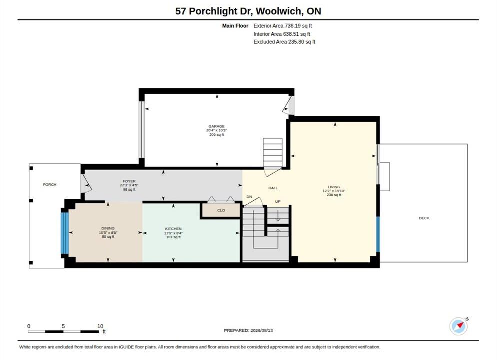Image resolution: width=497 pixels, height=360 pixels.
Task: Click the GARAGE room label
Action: coord(216,126)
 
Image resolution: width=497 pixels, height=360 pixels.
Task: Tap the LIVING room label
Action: coord(334,187)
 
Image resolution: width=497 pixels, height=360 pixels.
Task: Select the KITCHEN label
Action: coord(173,229)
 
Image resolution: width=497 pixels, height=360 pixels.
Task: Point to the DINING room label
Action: coord(108,228)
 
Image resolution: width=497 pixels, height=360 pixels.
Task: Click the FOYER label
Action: coord(129,181)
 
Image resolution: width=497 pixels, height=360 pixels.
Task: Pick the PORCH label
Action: coord(50,185)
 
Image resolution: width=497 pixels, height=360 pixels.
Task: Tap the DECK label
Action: coord(424,218)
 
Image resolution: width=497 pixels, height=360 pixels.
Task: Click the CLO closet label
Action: coord(221,210)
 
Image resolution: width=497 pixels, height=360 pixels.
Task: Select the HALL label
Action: coord(273,188)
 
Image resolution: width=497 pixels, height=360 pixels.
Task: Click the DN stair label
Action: coord(249,197)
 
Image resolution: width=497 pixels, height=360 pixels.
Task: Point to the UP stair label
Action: coord(278,202)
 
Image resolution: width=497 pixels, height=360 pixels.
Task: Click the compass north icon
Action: coord(458,326)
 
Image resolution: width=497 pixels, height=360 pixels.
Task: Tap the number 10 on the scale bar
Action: coord(100,326)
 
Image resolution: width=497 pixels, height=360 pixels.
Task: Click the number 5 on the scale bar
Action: coord(63,326)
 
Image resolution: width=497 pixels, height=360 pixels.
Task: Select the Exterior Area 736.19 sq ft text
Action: coord(282,26)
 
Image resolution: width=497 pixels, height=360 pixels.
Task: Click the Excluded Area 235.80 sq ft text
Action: coord(284,42)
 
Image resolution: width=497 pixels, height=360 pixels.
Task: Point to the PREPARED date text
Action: coord(248,330)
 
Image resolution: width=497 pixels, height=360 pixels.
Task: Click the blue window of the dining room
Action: coord(65,233)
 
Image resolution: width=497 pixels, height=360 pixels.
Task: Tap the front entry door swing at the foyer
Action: coord(86,184)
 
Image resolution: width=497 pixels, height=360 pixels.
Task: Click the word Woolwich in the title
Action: coord(279,11)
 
